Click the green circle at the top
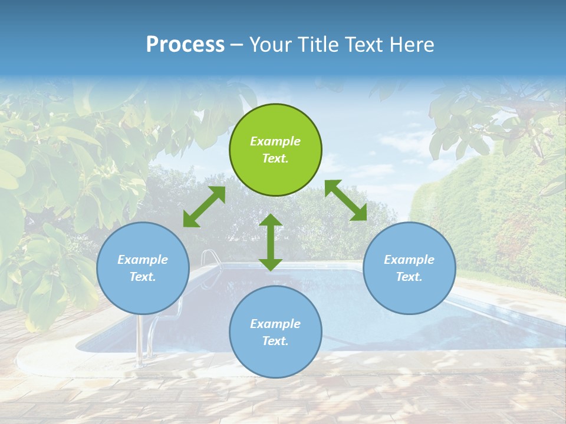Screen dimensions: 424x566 coord(275,150)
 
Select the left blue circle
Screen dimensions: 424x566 coord(143,268)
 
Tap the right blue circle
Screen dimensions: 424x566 coord(409,268)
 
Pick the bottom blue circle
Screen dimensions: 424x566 coord(275,332)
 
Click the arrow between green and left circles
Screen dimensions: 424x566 coord(204,207)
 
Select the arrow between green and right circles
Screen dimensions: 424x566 coord(345,200)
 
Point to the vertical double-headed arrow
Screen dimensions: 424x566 coord(271,242)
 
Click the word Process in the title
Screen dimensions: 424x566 coord(185,44)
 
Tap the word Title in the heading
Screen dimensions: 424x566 coord(316,44)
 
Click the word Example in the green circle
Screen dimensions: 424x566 coord(275,141)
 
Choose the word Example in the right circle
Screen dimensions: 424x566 coord(409,260)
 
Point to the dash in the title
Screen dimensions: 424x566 coord(236,45)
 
